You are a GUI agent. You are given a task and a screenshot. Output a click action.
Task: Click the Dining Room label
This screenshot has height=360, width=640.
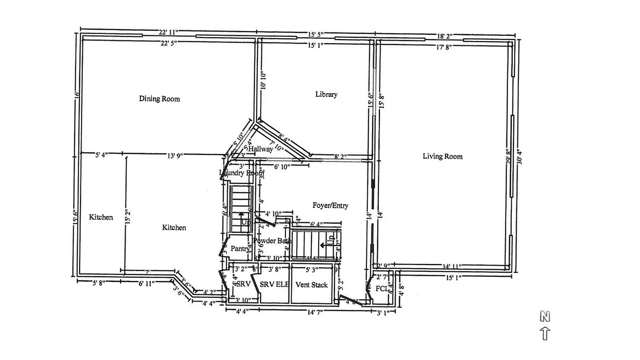tap(159, 99)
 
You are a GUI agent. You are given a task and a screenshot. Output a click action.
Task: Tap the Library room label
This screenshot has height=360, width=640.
tap(326, 94)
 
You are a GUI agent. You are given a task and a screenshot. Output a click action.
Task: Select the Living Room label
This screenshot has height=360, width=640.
tap(442, 156)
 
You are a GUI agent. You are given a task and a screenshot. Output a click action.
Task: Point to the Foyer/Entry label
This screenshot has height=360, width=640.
tap(330, 205)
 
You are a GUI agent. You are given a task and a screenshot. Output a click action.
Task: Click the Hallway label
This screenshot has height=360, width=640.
tap(261, 149)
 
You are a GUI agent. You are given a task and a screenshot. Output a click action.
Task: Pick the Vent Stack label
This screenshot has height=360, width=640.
tap(311, 285)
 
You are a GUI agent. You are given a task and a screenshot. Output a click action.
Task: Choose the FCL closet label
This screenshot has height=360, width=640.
tap(382, 288)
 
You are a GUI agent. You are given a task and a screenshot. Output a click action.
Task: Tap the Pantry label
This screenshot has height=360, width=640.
tap(239, 248)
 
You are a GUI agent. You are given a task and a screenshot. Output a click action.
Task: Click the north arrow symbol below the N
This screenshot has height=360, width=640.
tap(545, 333)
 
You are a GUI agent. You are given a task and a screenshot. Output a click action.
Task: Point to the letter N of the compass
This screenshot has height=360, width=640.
tap(545, 317)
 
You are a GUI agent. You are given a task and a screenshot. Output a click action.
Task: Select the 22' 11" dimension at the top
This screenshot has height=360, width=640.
tap(169, 32)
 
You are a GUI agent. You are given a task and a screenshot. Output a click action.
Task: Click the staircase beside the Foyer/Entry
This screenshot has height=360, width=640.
tap(314, 245)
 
